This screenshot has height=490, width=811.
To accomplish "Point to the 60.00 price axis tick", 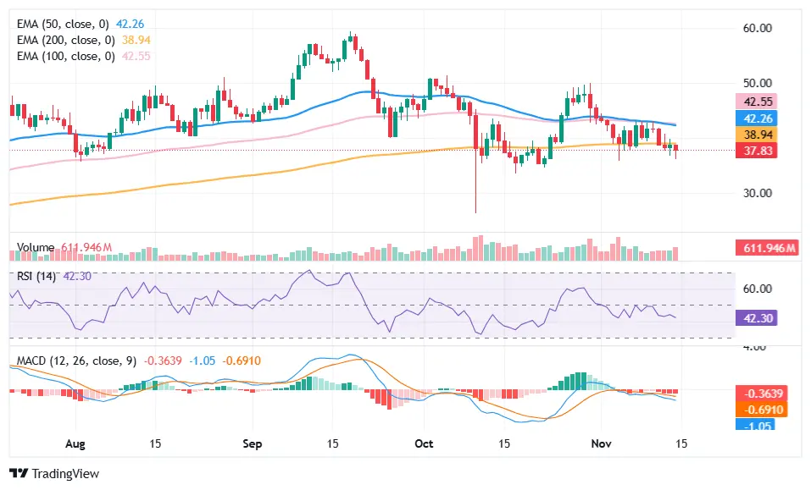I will pos(757,28).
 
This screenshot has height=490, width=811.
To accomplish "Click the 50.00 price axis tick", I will pos(757,83).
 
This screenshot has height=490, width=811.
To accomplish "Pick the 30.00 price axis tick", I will pos(757,192).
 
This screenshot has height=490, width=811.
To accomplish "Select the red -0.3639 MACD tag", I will pos(762,394).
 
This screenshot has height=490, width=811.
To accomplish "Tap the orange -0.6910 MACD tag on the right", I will pos(762,410).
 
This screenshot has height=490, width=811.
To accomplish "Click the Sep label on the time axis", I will pos(252,443).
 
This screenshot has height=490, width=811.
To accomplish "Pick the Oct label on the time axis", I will pos(425,443).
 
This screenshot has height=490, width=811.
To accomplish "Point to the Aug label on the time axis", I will pos(75,443).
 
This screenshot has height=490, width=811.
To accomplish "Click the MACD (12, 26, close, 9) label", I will pos(76,361).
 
